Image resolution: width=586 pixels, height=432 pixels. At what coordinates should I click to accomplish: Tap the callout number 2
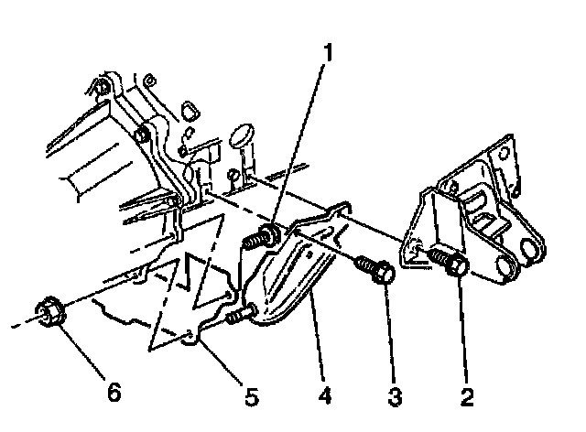coord(467,396)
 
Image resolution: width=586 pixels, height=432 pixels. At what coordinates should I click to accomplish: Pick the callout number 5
coord(250,396)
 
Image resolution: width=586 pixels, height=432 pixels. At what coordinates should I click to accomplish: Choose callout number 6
coord(113,392)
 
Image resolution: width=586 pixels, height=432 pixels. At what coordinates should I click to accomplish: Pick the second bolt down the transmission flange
coord(141,137)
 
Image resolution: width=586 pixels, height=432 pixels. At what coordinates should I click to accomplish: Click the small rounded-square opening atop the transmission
coord(190,111)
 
